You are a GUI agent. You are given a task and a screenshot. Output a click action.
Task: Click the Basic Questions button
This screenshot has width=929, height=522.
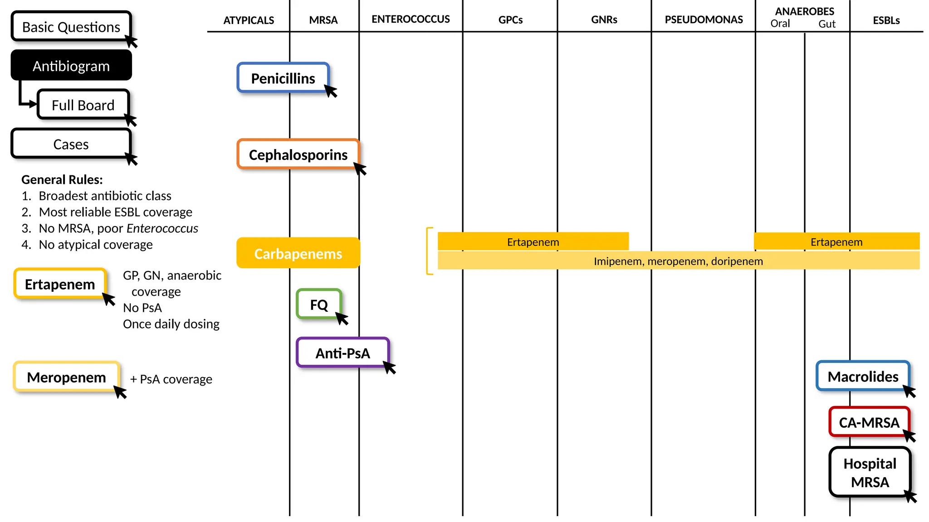pos(71,27)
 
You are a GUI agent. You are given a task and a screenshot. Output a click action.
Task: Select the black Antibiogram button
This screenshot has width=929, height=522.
pos(71,66)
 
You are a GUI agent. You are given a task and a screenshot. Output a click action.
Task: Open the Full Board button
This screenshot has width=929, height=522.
pos(83,105)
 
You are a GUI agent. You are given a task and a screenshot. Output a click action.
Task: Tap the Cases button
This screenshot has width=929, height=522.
pos(71,144)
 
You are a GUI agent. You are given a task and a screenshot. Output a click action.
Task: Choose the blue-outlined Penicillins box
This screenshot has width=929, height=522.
pos(283,78)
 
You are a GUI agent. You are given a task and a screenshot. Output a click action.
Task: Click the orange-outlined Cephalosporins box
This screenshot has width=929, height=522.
pos(298,155)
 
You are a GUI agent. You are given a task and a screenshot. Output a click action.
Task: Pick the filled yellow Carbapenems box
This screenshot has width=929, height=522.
pos(298,253)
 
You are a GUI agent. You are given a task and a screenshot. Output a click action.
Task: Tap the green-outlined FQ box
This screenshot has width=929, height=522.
pos(318,304)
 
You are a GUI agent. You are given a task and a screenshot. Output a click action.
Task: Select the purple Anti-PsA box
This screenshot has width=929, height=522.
pos(342,353)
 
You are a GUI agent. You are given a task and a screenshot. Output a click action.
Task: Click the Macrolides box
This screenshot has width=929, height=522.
pos(862,377)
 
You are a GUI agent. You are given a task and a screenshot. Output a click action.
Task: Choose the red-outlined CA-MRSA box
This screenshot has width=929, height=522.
pos(869,422)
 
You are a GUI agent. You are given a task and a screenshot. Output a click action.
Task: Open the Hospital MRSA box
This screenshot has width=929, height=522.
pos(870,473)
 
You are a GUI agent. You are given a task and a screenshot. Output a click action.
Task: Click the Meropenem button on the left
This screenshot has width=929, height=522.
pos(66,377)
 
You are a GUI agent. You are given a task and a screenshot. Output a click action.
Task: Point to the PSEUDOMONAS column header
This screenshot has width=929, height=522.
pos(704,19)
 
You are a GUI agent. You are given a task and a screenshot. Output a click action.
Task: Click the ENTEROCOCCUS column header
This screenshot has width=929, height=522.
pos(411,19)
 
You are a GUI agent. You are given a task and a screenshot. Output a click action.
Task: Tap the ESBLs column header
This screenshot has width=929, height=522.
pos(886,20)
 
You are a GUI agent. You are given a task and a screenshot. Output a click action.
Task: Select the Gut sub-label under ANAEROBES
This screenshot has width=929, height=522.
pos(826,24)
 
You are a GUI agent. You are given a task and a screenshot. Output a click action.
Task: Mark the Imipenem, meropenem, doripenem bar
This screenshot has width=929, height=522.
pos(678,261)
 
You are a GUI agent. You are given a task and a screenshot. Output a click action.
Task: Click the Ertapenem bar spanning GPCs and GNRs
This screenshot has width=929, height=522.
pos(533,242)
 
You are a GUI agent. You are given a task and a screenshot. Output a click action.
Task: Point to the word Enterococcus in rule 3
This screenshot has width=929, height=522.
pos(162,228)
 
